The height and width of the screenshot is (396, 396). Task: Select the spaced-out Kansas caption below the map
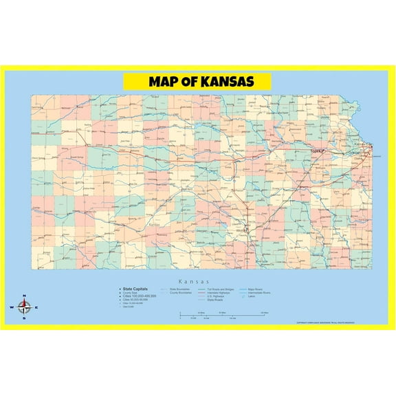(198, 282)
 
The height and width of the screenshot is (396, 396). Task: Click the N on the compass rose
(25, 296)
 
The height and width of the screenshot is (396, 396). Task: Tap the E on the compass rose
(36, 307)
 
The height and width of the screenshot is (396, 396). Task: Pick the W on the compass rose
(12, 307)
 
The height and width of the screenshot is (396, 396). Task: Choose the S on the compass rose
(25, 318)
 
